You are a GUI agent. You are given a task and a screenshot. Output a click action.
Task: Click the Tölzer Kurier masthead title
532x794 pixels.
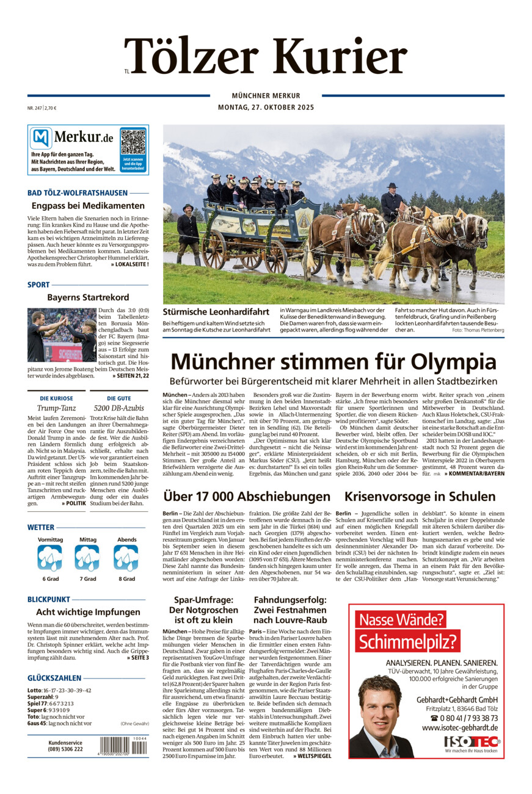pos(266,56)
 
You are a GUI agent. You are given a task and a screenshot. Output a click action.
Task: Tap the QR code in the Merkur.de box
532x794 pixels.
pos(133,142)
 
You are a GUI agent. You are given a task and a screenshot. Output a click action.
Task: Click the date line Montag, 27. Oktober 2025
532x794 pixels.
pos(266,107)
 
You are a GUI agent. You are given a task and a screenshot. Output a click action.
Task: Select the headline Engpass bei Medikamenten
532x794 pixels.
pos(88,206)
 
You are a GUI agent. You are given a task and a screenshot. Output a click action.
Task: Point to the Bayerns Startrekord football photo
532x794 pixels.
pos(62,335)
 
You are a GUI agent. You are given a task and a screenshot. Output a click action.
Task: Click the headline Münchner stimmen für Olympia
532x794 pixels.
pos(333,361)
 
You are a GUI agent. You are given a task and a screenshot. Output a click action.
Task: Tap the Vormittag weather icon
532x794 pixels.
pos(49,558)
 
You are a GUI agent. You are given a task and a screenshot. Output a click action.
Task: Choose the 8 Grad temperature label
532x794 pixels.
pos(126,578)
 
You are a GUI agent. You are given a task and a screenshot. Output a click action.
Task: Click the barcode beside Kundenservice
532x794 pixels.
pos(123,746)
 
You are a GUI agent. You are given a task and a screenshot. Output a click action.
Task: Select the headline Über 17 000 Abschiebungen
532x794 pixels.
pos(246,496)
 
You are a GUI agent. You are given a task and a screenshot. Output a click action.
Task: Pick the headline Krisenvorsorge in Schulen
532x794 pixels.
pos(420,496)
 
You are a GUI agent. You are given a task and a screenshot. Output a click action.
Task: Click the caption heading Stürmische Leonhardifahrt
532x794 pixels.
pos(216,311)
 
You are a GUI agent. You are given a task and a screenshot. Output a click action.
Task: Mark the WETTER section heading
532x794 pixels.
pos(41,527)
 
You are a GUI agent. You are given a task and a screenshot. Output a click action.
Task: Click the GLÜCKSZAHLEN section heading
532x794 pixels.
pos(54,678)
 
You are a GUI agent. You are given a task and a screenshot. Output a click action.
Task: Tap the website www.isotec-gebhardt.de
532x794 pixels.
pos(459,727)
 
